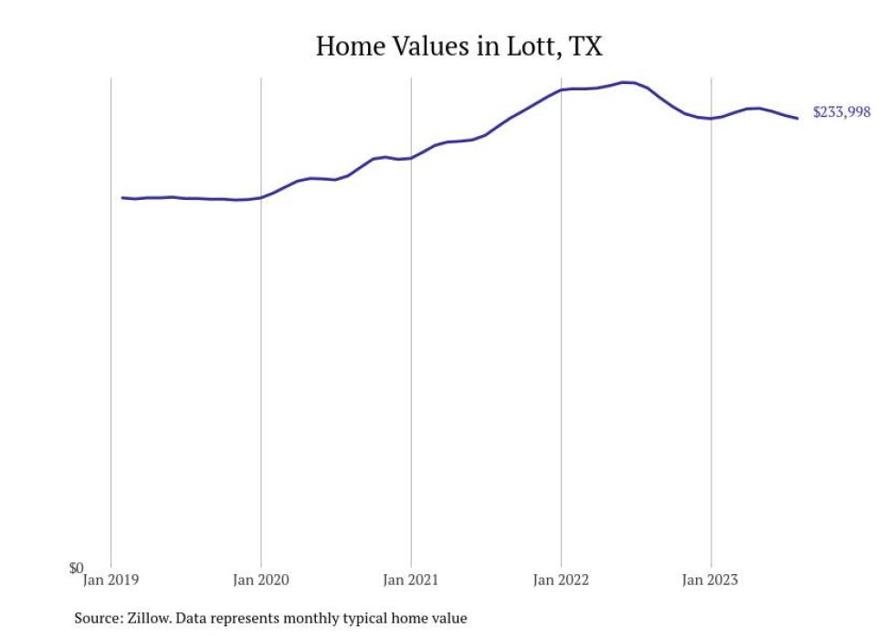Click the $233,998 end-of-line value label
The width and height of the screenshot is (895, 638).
tap(841, 113)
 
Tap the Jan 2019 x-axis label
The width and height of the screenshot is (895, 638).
tap(111, 580)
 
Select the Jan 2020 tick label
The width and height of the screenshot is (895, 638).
tap(261, 580)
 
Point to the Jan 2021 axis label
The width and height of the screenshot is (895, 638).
tap(411, 580)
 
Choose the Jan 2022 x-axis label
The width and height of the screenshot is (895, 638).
tap(561, 580)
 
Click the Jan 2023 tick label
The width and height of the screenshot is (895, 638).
tap(711, 580)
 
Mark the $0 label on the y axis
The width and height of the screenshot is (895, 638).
tap(76, 568)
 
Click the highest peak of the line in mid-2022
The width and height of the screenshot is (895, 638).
tap(626, 82)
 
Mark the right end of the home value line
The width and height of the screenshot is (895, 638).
tap(797, 118)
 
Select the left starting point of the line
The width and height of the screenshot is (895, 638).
tap(122, 197)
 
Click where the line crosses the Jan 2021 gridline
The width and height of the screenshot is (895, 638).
tap(411, 158)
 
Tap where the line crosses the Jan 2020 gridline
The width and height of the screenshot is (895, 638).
tap(261, 197)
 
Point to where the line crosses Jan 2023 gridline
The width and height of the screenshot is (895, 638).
tap(711, 119)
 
